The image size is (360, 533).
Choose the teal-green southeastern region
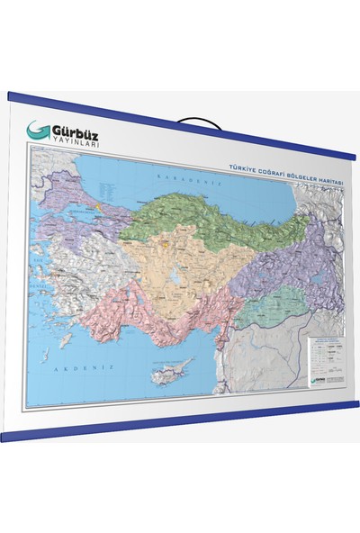click(x=270, y=306)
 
